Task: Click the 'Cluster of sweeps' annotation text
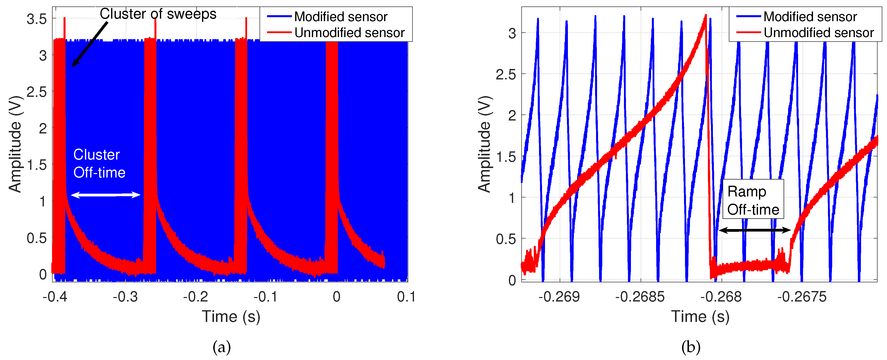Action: tap(158, 14)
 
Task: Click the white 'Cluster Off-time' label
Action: tap(99, 164)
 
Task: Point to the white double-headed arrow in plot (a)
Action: tap(105, 195)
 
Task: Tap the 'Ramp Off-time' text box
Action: tap(753, 200)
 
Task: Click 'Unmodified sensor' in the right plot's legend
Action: tap(819, 33)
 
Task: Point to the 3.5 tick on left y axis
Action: tap(37, 19)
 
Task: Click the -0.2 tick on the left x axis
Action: tap(195, 297)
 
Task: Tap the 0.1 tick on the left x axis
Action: tap(406, 297)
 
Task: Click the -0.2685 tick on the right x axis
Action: tap(640, 297)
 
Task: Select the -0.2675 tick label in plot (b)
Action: tap(802, 297)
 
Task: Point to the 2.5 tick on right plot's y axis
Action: tap(505, 74)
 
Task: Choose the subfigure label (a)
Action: tap(221, 347)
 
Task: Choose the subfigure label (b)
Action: tap(690, 347)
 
